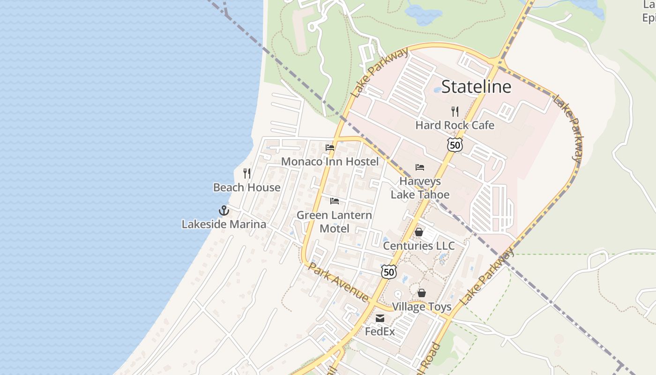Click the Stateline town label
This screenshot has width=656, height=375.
point(476,87)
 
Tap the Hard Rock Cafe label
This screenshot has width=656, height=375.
point(455,125)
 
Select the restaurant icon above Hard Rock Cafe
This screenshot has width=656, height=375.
point(455,111)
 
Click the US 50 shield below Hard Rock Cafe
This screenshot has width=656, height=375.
point(455,145)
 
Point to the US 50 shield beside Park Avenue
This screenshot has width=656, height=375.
point(388,271)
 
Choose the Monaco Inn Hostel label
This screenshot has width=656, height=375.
point(329,162)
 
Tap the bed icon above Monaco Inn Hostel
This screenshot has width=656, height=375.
point(330,147)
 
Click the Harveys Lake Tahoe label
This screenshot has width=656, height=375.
point(420,188)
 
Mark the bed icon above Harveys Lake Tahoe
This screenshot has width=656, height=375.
point(420,167)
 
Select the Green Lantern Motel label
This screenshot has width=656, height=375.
point(335,222)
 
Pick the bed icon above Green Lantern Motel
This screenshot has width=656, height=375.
point(335,201)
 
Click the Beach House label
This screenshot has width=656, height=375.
point(247,187)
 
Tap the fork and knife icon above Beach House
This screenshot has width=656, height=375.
point(247,173)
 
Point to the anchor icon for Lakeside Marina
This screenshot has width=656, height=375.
point(224,210)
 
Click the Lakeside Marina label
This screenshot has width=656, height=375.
point(224,224)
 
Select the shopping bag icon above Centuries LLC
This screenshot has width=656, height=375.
point(419,232)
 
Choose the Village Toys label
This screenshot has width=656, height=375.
point(422,307)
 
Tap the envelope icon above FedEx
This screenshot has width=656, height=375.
point(380,318)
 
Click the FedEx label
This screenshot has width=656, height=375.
point(380,331)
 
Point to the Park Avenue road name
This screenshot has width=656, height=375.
point(338,282)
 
